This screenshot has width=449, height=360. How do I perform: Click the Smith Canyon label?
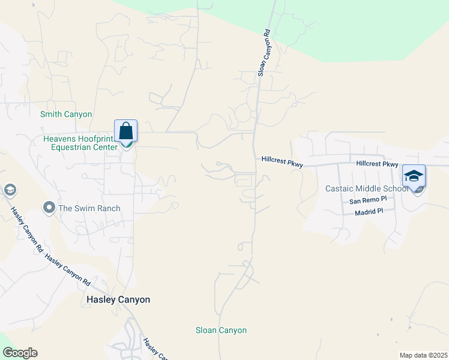[x=66, y=114]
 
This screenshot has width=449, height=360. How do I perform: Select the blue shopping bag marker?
[x=126, y=131]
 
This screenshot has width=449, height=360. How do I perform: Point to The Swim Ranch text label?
[x=89, y=208]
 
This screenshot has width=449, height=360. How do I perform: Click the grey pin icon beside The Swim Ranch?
[x=49, y=208]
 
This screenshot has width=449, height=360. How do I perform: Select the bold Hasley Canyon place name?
[x=118, y=299]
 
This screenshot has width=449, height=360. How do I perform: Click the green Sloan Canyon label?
[x=221, y=330]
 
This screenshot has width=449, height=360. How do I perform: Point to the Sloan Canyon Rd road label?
[x=265, y=55]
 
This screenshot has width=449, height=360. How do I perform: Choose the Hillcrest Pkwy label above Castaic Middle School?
[x=377, y=164]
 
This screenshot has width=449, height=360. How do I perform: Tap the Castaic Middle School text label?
[x=366, y=188]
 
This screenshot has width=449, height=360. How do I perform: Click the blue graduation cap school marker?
[x=414, y=176]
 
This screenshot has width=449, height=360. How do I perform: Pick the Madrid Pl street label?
[x=369, y=212]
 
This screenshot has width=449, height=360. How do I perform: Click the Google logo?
[x=20, y=353]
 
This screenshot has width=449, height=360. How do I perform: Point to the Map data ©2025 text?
[x=423, y=355]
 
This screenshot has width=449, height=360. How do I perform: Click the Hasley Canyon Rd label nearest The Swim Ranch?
[x=26, y=230]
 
